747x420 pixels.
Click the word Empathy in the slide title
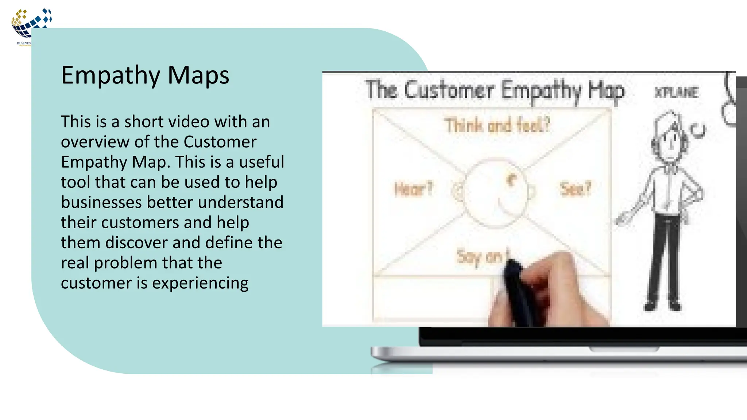[x=111, y=76]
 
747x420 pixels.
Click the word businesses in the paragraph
[x=101, y=202]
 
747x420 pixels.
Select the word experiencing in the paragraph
[x=200, y=283]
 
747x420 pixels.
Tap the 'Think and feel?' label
[x=497, y=125]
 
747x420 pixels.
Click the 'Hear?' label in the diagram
[x=413, y=189]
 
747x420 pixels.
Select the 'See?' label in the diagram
[x=576, y=189]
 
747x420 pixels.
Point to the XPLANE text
[x=677, y=92]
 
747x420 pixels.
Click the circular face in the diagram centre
[x=496, y=193]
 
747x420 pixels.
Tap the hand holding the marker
[x=547, y=292]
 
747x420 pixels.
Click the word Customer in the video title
[x=449, y=90]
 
